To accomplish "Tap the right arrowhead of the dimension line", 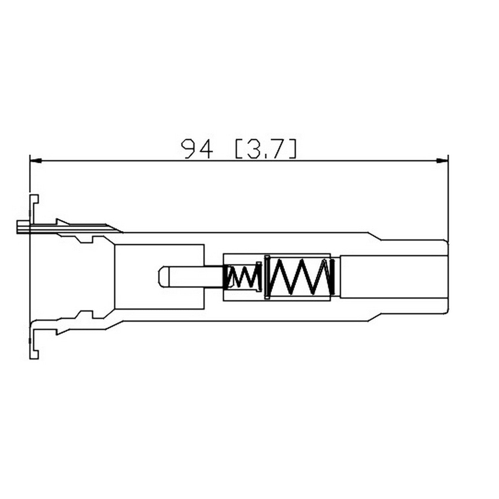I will [442, 161].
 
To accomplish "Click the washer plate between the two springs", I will [266, 277].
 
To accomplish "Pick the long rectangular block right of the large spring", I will [393, 277].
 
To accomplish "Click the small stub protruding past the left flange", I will [22, 227].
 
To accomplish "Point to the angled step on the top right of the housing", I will [374, 236].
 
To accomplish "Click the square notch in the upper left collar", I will [84, 239].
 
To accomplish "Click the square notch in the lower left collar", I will [84, 314].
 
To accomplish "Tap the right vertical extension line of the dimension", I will [448, 200].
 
